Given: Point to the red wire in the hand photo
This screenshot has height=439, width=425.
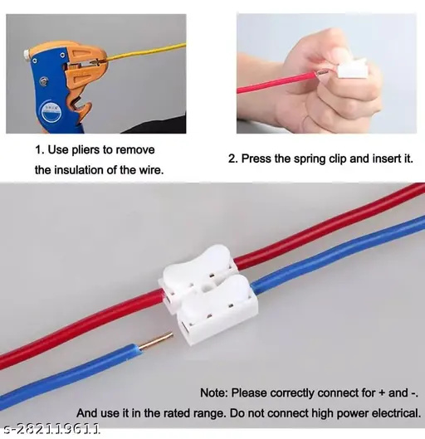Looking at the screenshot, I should click(274, 82).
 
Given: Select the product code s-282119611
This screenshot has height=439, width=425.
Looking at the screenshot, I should click(51, 429).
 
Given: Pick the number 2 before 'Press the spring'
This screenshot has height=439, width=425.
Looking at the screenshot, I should click(232, 158).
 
